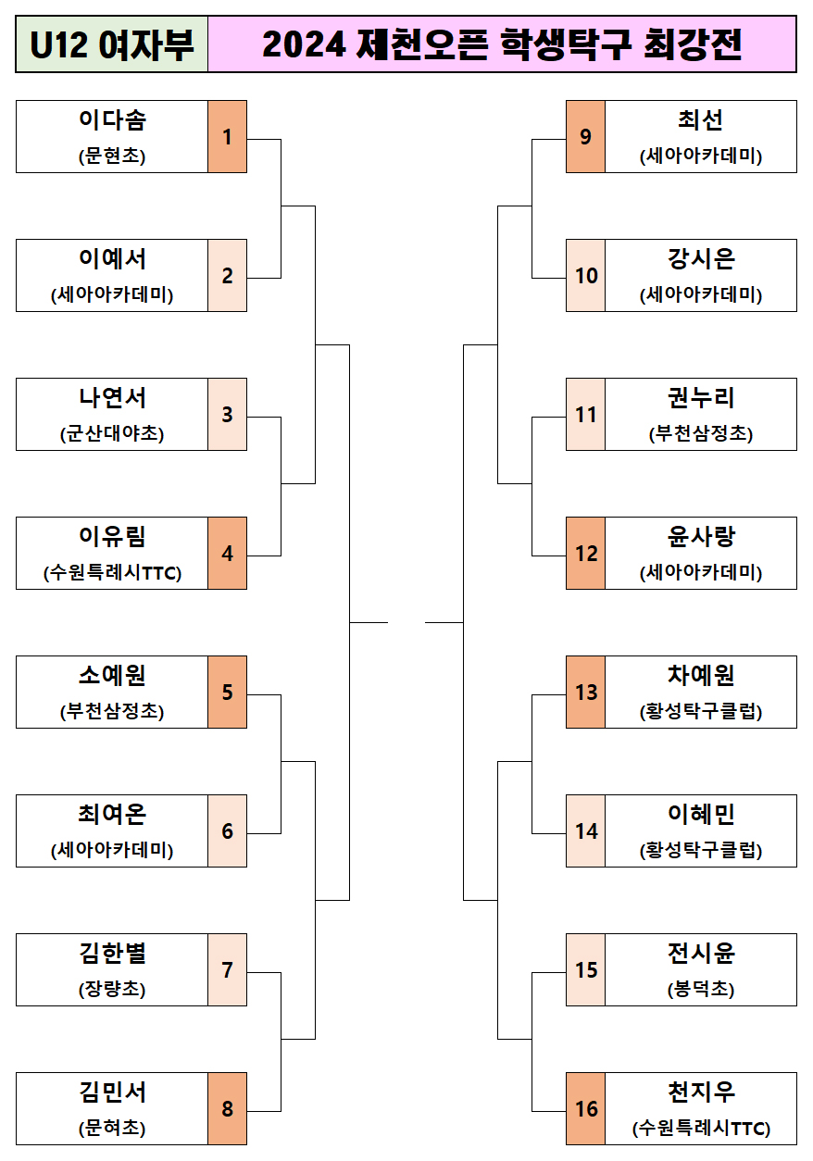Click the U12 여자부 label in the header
click(112, 44)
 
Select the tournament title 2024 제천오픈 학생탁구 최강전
click(502, 44)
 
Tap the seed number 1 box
click(227, 137)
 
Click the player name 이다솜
click(112, 120)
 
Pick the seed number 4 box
click(227, 554)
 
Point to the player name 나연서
click(112, 398)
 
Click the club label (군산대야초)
click(112, 433)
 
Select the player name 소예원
click(112, 676)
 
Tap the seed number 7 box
click(227, 970)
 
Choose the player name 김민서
click(112, 1092)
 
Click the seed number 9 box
click(585, 137)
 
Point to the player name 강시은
click(701, 259)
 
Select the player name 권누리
click(701, 398)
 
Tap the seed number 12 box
click(585, 554)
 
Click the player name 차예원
click(701, 676)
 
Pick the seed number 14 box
click(585, 831)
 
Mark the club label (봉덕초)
click(701, 989)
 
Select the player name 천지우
click(701, 1092)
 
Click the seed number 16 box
click(585, 1109)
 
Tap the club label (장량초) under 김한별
click(112, 989)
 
